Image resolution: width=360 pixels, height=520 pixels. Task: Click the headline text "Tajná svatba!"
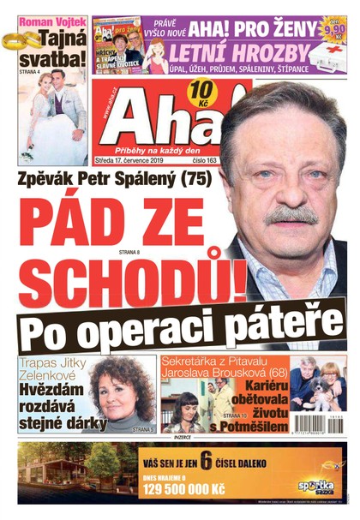pyautogui.click(x=57, y=50)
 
